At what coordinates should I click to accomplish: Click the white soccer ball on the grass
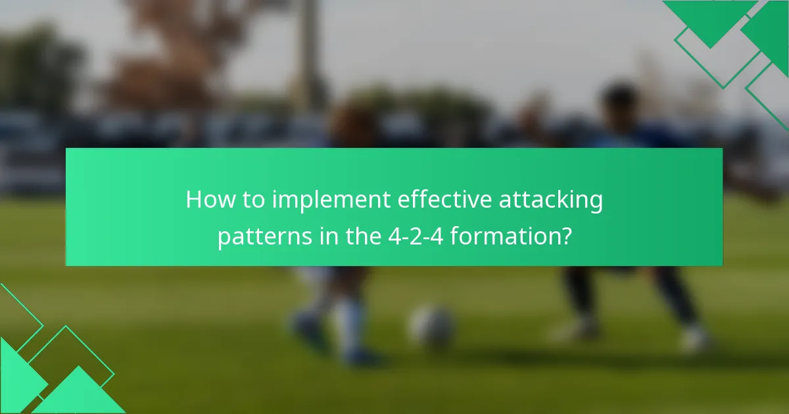pos(432,325)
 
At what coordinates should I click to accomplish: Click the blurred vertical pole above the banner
pos(309,53)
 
